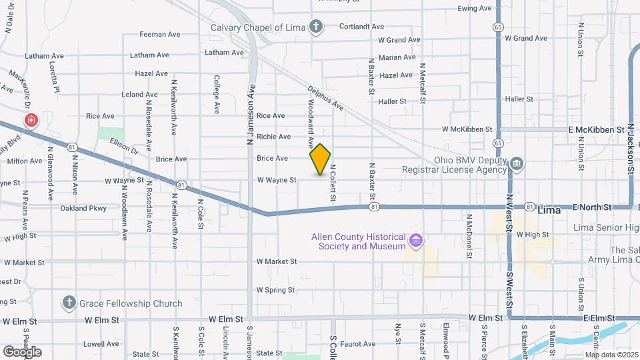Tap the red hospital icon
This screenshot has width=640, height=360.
coord(31,121)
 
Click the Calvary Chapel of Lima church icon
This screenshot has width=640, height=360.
coord(316,27)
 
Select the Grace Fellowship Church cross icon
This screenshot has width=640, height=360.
coord(69,303)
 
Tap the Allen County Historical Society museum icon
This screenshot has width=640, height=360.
coord(416,239)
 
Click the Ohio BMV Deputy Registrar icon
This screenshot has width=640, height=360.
coord(516,164)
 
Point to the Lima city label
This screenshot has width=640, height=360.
coord(549,209)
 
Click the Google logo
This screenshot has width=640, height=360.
coord(22,351)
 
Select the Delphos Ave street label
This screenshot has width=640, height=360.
coord(325,97)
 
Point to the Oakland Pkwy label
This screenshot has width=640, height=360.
coord(83,208)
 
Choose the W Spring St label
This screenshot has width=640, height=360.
coord(275,290)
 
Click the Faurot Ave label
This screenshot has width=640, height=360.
coord(357,344)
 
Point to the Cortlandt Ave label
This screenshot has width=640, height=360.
coord(361,27)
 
